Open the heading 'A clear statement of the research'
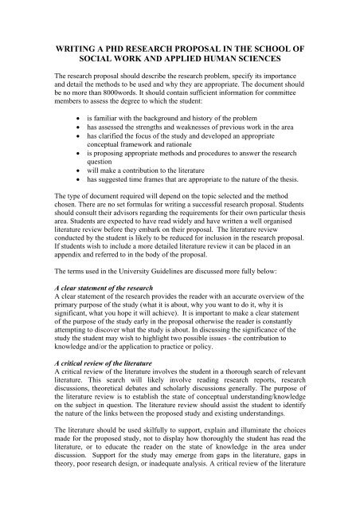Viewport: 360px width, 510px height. coord(109,335)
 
